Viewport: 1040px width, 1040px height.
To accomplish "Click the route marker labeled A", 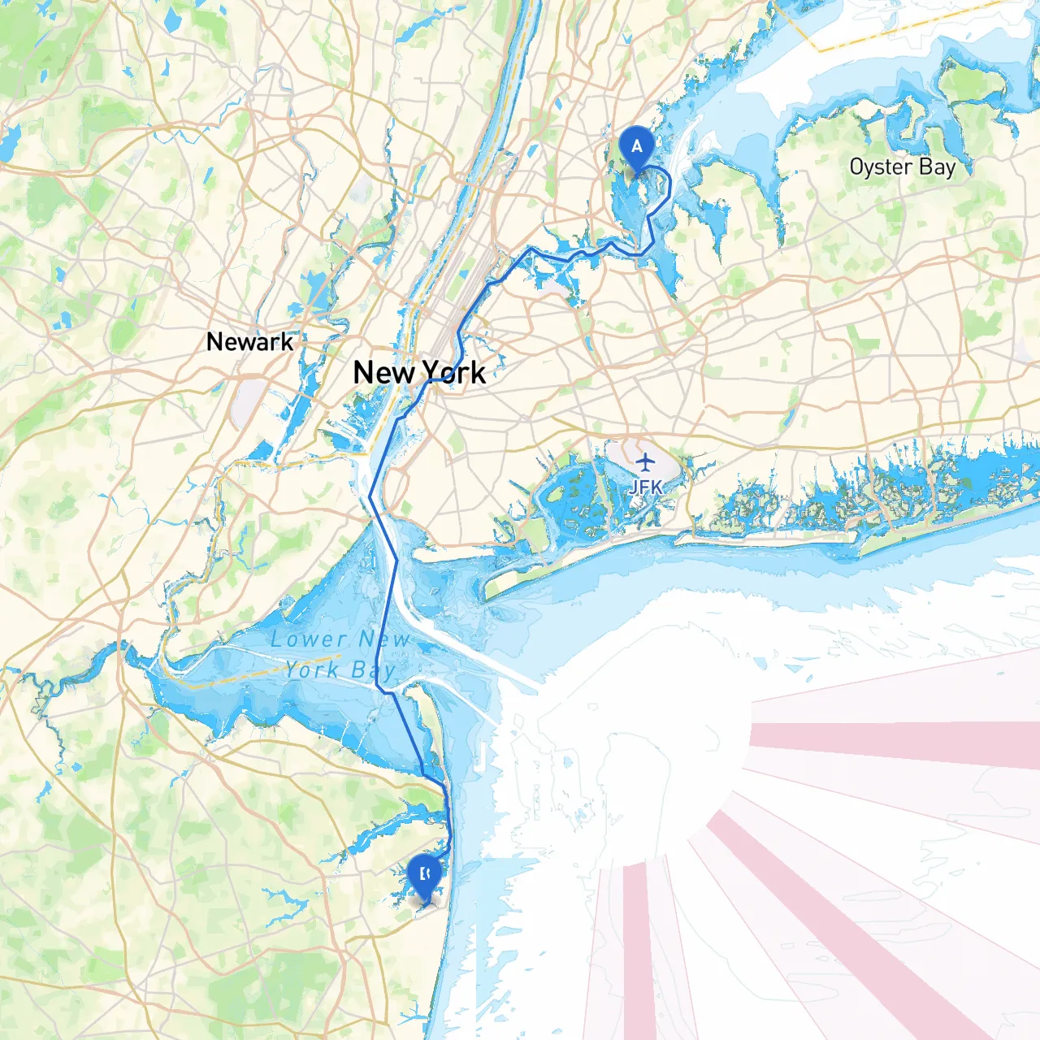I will [636, 148].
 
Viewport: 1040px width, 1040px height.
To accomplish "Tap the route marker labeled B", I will [423, 876].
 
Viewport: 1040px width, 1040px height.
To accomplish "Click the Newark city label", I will [249, 342].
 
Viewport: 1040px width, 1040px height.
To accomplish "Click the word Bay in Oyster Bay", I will [937, 167].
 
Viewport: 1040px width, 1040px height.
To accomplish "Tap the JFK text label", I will [645, 487].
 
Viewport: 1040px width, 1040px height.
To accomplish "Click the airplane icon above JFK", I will [645, 463].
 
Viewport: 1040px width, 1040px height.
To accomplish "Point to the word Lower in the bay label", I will [309, 639].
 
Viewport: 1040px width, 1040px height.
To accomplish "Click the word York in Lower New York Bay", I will [312, 669].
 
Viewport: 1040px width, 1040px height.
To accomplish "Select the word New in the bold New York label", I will [384, 373].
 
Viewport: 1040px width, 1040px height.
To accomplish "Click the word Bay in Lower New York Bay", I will [373, 670].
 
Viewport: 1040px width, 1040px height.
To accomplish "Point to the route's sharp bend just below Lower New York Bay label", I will [379, 689].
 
